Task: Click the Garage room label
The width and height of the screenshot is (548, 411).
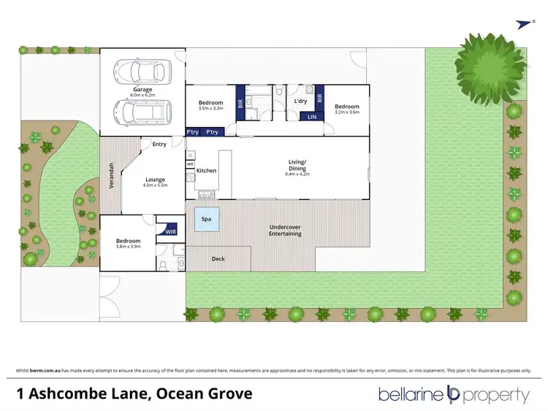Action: tap(142, 90)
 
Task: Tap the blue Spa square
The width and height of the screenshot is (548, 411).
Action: tap(206, 218)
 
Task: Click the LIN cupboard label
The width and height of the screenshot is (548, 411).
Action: tap(311, 117)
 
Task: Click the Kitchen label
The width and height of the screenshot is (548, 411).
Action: tap(207, 170)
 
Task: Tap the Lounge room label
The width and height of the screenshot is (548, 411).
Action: tap(154, 180)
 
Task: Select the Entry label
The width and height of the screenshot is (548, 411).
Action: tap(159, 144)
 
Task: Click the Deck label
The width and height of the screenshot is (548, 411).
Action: tap(218, 258)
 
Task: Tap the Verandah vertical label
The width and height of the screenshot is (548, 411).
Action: tap(112, 175)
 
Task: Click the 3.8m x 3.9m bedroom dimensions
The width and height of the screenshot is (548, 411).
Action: tap(127, 247)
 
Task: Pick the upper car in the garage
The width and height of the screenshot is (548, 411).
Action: tap(139, 71)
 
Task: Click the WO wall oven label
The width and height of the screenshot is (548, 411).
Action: tap(190, 164)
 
